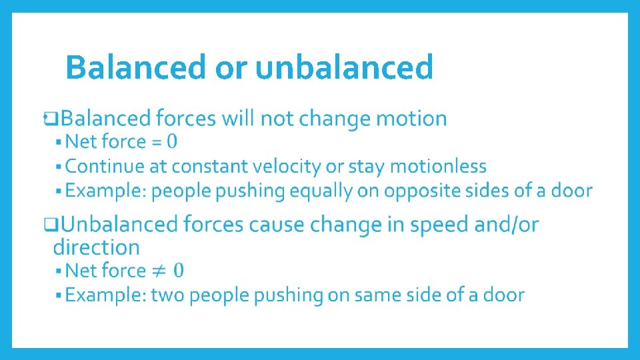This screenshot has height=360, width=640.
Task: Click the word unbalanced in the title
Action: coord(344,67)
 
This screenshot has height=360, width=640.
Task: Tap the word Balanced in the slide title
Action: coord(136,67)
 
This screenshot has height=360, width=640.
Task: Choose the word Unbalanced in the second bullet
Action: coord(124,225)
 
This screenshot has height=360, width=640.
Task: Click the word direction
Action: coord(97,247)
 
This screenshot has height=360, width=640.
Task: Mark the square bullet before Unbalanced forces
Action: coord(49,225)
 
